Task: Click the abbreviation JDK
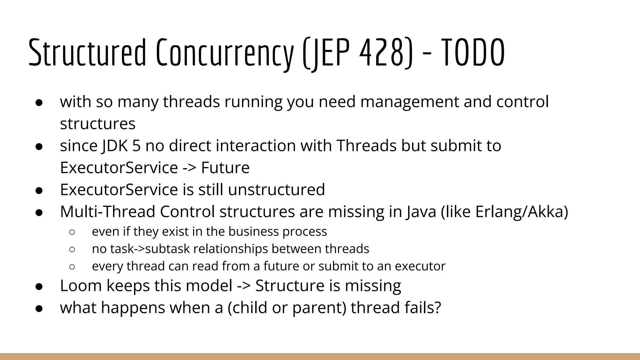point(115,146)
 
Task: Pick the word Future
point(225,168)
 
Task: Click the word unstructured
point(276,190)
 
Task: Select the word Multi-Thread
point(107,212)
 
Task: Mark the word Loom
point(81,286)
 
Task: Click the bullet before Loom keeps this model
point(39,286)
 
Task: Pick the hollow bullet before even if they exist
point(72,232)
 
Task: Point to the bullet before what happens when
point(39,308)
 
